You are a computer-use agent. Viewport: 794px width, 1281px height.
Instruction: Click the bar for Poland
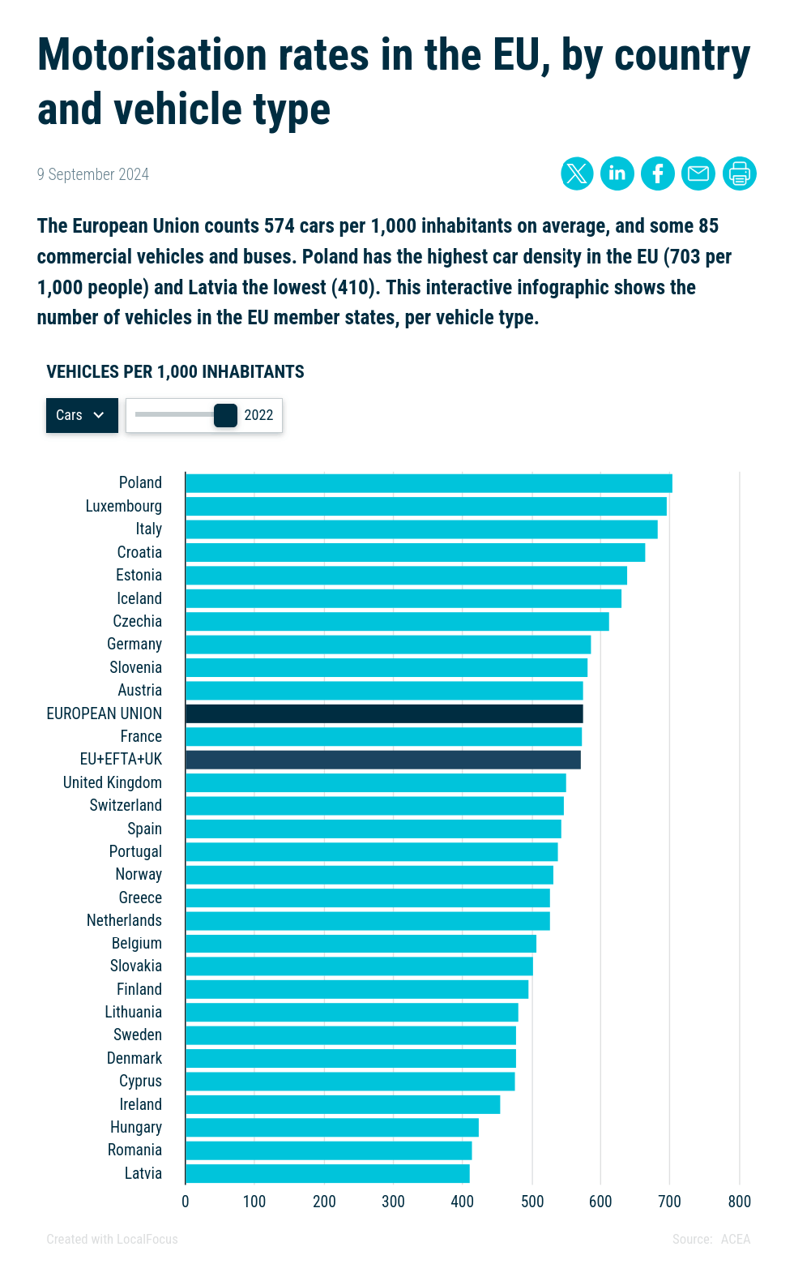429,483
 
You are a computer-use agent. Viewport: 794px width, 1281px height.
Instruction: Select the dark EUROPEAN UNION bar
384,713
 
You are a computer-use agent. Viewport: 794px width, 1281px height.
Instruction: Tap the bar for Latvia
327,1173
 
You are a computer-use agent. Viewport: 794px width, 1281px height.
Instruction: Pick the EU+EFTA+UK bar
383,760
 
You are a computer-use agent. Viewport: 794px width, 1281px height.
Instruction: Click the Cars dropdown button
82,415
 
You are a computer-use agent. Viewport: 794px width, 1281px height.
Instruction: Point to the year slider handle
225,415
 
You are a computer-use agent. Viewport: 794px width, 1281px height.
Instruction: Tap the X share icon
577,174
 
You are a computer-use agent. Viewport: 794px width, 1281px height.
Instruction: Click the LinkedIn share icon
617,174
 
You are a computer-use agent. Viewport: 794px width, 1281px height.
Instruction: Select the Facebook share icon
658,174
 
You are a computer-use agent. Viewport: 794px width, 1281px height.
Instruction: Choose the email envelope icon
698,174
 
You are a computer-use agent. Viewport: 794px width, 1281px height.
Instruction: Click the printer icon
740,174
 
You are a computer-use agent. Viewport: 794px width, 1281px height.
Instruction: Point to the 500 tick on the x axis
532,1202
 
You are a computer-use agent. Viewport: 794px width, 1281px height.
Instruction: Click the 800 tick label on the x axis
740,1202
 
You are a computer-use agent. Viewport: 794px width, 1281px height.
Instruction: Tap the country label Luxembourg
124,506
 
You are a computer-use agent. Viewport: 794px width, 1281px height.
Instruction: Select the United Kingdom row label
113,782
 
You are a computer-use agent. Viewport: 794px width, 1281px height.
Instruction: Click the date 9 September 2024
93,174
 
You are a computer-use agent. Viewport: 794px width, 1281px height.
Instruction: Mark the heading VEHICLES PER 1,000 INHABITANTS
176,372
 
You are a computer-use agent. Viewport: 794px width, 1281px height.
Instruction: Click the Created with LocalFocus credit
112,1239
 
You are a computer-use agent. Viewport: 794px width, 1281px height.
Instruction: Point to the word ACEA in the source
736,1239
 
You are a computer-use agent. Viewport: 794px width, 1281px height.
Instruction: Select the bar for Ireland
343,1104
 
